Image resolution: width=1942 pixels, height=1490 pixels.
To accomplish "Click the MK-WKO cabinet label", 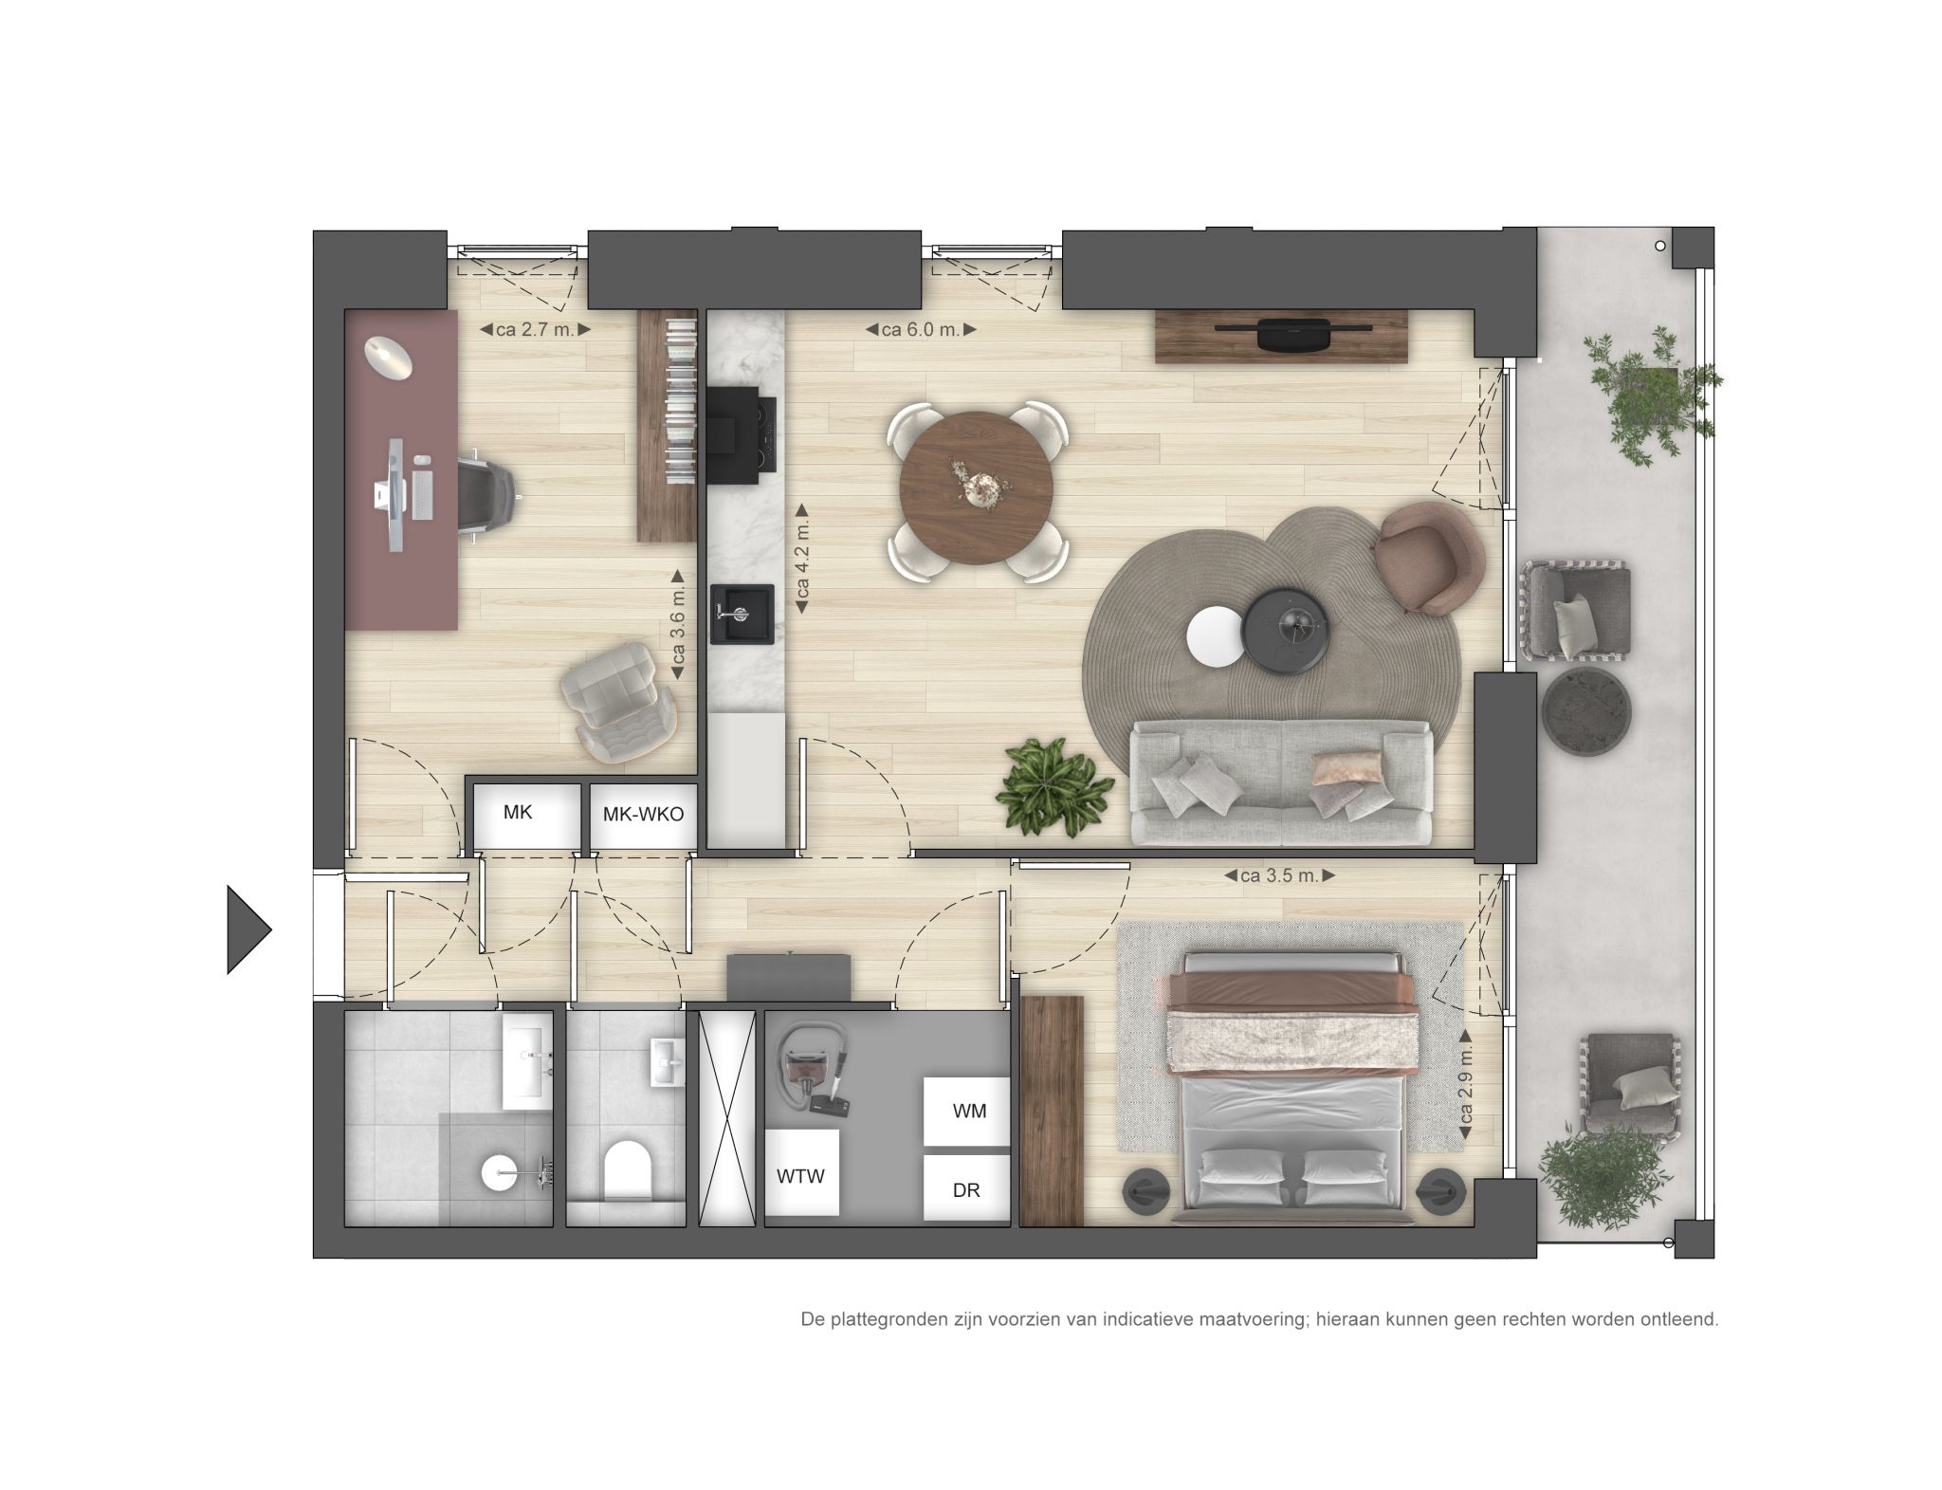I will pos(643,814).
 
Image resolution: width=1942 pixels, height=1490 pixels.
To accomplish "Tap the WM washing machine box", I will pos(968,1111).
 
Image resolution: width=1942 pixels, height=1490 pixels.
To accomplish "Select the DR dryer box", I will pos(966,1189).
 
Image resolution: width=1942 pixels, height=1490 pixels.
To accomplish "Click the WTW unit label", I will pos(801,1176).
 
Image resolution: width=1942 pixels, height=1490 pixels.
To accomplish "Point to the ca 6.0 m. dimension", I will pos(920,330).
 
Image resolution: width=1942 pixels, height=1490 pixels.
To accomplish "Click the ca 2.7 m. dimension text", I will pos(535,330).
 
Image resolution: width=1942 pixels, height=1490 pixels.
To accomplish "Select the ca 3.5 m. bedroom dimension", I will pos(1279,875).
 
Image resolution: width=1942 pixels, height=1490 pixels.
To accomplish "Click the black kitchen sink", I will pos(742,614).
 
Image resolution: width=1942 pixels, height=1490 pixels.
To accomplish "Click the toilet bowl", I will pos(627,1168).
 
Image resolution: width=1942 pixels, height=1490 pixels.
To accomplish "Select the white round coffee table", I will pos(1215,637).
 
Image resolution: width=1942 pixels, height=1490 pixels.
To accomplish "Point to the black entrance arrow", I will pos(246,929).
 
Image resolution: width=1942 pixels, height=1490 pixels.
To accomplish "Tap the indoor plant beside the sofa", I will pos(1053,787).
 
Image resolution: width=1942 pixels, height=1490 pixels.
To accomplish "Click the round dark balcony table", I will pos(1587,710).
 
